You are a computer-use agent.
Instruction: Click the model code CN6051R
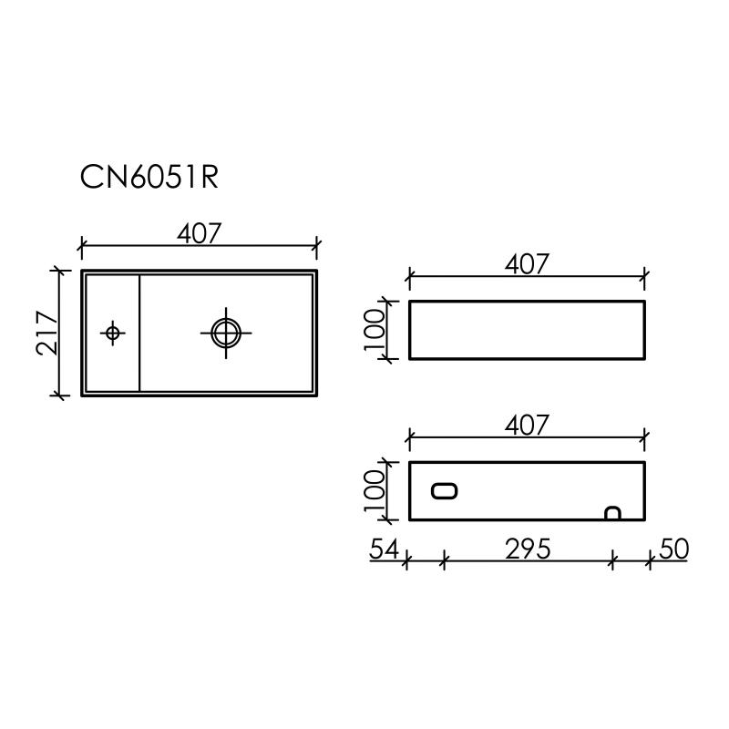pyautogui.click(x=149, y=177)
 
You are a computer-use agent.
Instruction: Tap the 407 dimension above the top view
pyautogui.click(x=199, y=233)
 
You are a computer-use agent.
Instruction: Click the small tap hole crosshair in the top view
pyautogui.click(x=112, y=333)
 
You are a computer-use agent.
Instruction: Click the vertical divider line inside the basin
pyautogui.click(x=139, y=333)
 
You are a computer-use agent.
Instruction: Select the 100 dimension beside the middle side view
pyautogui.click(x=375, y=329)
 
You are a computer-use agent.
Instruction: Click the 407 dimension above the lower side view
pyautogui.click(x=527, y=425)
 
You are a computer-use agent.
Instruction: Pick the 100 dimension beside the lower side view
pyautogui.click(x=375, y=491)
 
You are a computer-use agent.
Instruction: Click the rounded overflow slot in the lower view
pyautogui.click(x=445, y=491)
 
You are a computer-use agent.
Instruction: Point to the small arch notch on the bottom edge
pyautogui.click(x=613, y=515)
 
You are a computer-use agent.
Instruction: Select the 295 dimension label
pyautogui.click(x=527, y=549)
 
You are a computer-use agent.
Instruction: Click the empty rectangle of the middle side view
pyautogui.click(x=527, y=329)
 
